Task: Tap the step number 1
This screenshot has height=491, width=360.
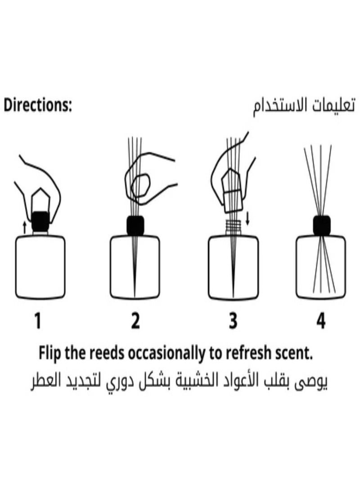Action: tap(38, 321)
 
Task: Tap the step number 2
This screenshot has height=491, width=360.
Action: tap(135, 321)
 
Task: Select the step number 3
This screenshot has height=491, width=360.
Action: tap(233, 321)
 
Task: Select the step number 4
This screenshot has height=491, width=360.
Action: tap(320, 321)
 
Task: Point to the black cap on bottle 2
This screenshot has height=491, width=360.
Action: tap(135, 225)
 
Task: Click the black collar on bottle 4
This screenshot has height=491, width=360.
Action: tap(321, 225)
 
